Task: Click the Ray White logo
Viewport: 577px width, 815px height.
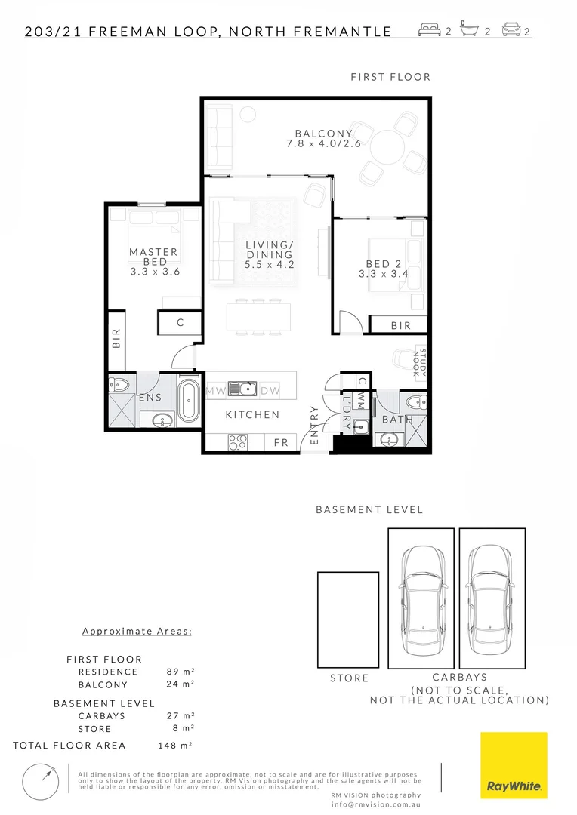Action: tap(514, 765)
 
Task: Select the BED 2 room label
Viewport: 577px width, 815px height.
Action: tap(383, 269)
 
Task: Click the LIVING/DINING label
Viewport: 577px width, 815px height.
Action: tap(270, 254)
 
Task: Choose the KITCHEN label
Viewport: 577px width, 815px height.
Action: tap(252, 414)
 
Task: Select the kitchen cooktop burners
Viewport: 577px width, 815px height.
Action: tap(238, 441)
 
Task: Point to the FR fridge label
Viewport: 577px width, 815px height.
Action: tap(281, 442)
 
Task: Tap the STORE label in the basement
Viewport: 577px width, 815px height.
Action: tap(350, 678)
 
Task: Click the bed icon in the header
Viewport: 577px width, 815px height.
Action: tap(430, 31)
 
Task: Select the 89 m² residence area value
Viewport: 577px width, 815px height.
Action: tap(180, 672)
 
